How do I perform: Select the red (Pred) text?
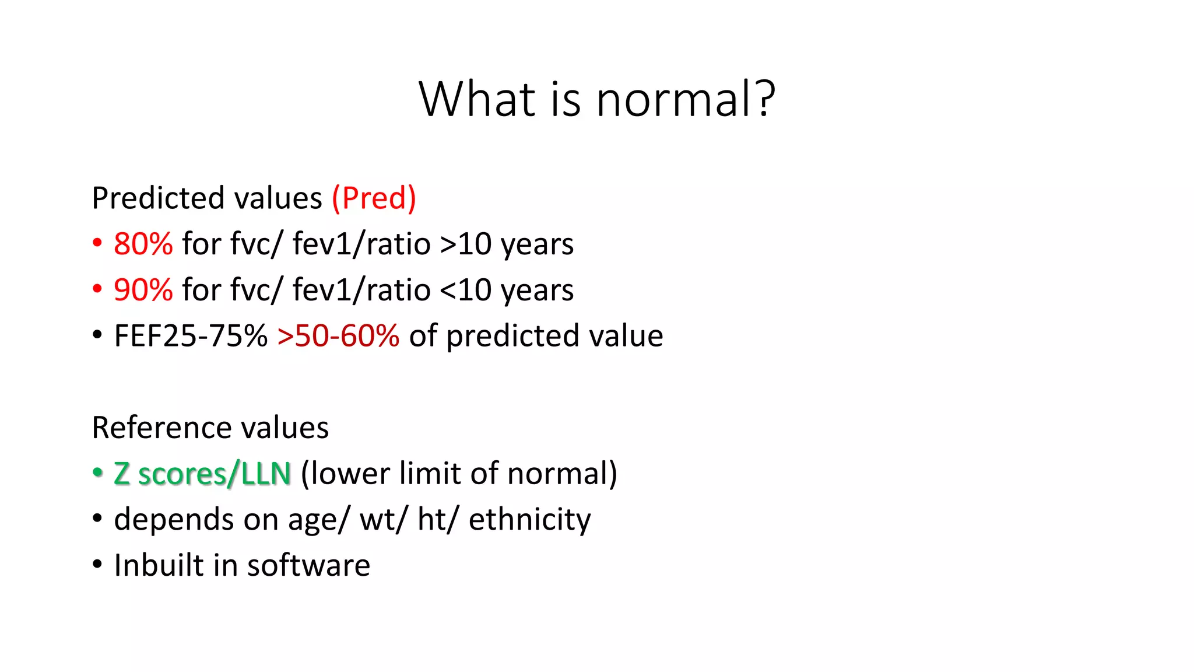coord(374,198)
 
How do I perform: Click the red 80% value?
coord(143,244)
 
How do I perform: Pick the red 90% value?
coord(143,290)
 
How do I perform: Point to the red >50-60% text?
coord(338,336)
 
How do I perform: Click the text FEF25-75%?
coord(191,336)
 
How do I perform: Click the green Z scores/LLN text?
coord(202,474)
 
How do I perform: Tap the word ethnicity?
coord(529,519)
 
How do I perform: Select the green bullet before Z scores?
coord(97,473)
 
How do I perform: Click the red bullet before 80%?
coord(97,243)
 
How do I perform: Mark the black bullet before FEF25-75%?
coord(97,335)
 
